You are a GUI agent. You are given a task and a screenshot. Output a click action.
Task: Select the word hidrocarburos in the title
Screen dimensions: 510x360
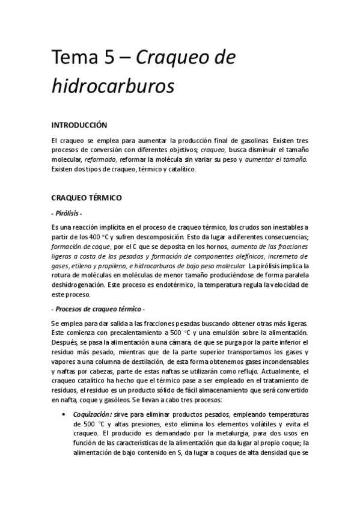[x=112, y=85]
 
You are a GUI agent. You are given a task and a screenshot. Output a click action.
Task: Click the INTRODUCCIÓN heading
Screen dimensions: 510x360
[x=79, y=125]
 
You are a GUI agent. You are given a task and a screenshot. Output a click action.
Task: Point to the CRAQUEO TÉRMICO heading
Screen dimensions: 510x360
[x=87, y=197]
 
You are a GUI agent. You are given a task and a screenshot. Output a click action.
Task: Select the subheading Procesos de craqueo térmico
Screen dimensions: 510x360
[x=100, y=309]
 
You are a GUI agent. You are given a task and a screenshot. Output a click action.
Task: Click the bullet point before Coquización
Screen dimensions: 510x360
[x=64, y=415]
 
